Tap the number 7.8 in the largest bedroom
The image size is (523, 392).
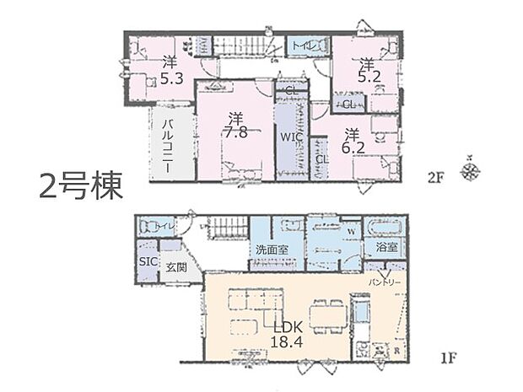point(235,132)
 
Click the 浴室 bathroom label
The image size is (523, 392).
point(388,249)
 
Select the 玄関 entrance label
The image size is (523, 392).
point(176,267)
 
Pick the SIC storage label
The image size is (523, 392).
point(147,262)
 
